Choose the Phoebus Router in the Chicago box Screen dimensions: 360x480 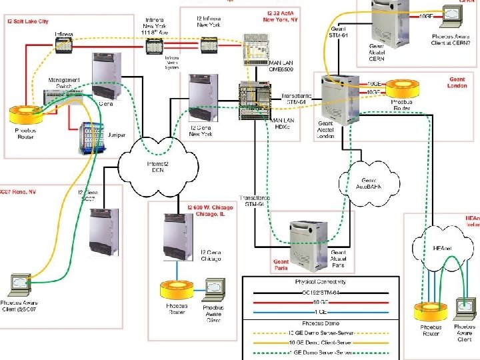point(176,289)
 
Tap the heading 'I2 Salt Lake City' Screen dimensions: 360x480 point(28,21)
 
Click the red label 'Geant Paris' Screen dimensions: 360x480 point(281,265)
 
